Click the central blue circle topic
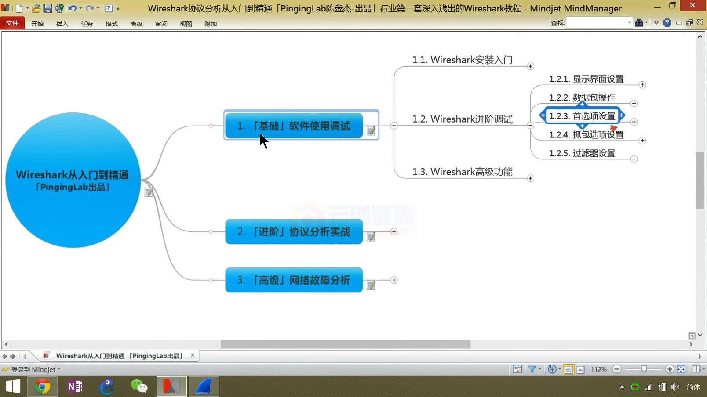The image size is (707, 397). pos(73,180)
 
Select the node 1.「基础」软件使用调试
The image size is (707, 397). pos(294,126)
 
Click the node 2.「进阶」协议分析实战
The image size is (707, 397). pos(294,231)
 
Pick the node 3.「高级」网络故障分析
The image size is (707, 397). pos(294,280)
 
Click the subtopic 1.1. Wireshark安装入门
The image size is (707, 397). pos(462,60)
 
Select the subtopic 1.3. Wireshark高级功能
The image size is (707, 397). pos(462,172)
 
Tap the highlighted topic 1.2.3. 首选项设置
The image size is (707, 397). pos(582,116)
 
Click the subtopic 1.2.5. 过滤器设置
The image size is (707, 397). pos(582,153)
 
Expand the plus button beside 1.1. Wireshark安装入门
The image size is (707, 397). pos(530,66)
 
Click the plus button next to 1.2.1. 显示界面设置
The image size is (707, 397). pos(642,84)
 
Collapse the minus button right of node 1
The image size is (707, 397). pos(394,126)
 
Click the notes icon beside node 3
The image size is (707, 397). pos(371,285)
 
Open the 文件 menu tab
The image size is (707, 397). pos(12,23)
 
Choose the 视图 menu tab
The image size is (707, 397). pos(186,24)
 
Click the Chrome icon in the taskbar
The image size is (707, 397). pos(42,386)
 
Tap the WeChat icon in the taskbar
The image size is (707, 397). pos(139,386)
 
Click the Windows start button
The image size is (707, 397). pos(13,386)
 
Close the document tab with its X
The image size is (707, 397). pos(193,355)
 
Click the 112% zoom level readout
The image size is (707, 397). pos(598,369)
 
